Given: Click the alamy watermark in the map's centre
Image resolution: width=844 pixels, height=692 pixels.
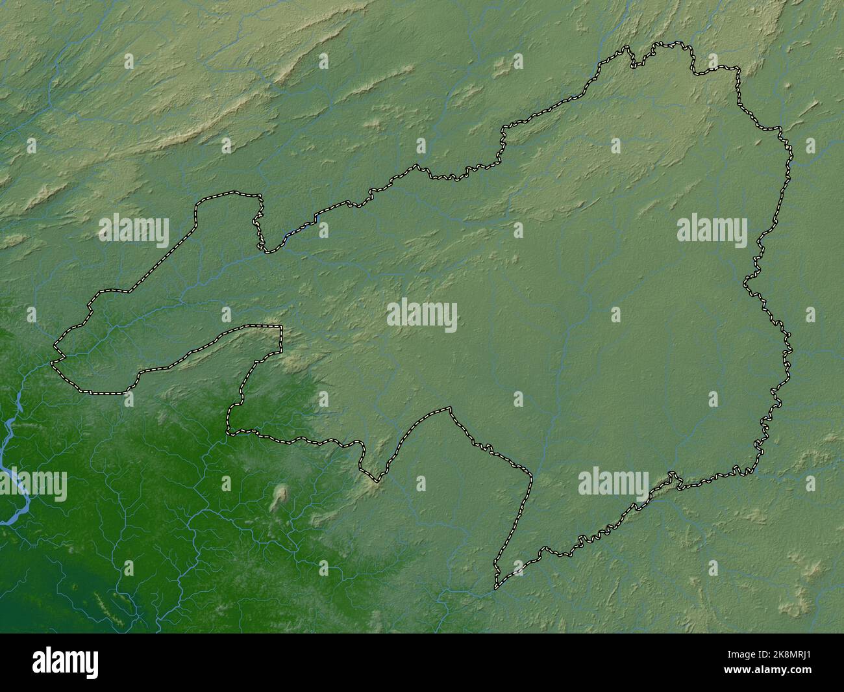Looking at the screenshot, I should [422, 316].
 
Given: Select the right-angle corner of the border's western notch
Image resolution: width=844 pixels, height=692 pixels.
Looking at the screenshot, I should [281, 327].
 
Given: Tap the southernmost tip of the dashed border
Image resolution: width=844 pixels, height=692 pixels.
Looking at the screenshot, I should [497, 587].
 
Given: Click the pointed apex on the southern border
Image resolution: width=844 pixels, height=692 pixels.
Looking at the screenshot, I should [449, 408].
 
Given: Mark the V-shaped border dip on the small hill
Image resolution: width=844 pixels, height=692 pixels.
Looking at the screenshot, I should [375, 481].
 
